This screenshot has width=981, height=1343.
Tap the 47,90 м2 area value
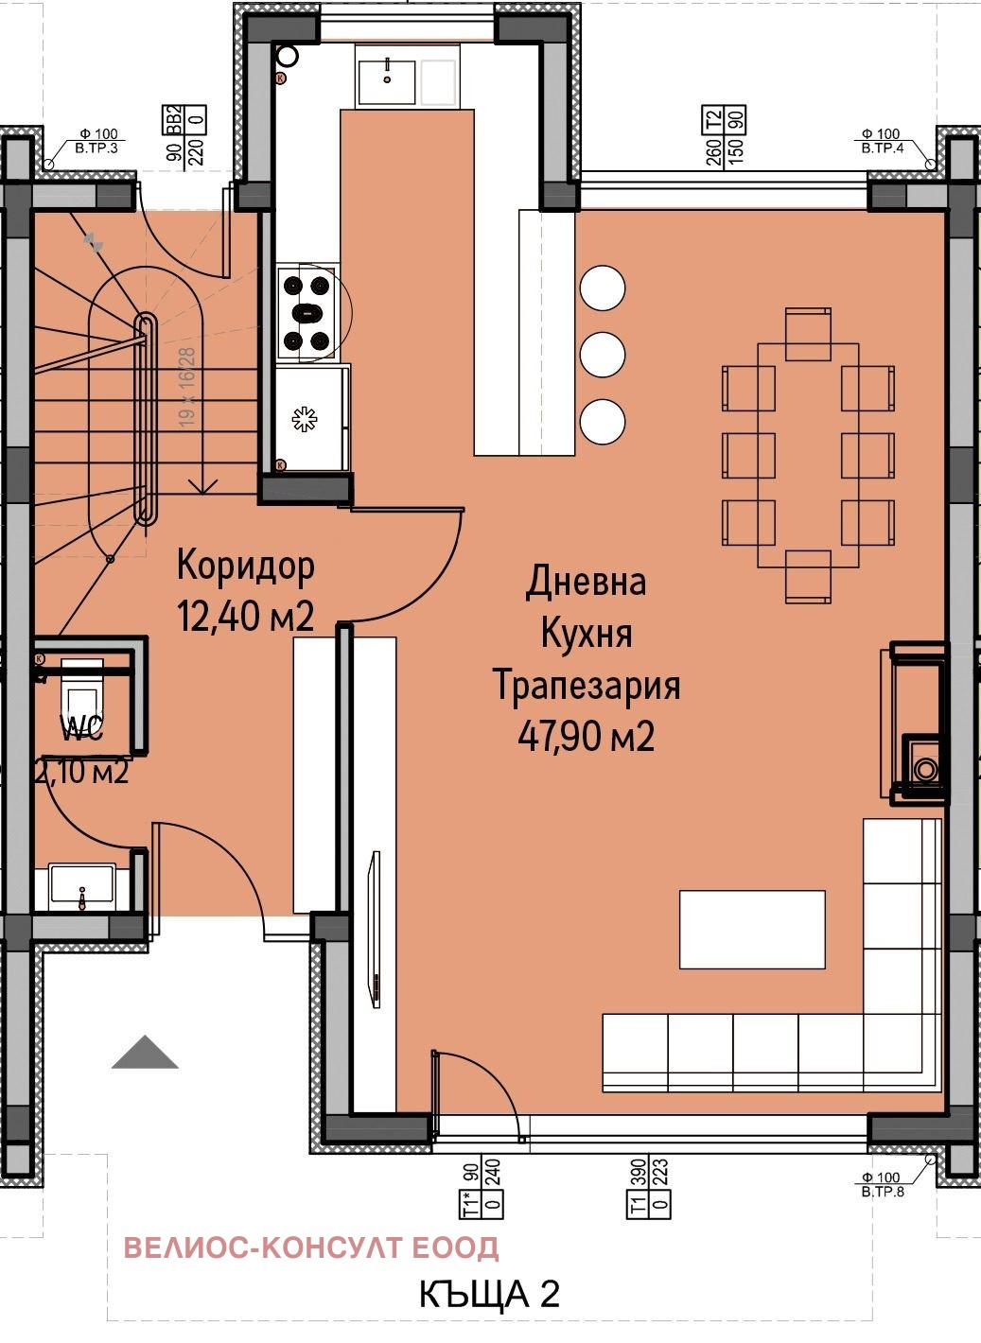[x=586, y=736]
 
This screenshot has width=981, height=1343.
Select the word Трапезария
[x=587, y=685]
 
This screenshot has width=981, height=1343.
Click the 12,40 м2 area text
[x=245, y=617]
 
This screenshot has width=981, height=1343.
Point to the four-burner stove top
[x=306, y=312]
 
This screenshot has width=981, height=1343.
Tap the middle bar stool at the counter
[x=603, y=355]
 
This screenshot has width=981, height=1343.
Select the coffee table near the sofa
[x=752, y=930]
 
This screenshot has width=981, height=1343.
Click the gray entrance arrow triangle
[x=145, y=1053]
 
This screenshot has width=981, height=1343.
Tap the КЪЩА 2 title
[x=489, y=1294]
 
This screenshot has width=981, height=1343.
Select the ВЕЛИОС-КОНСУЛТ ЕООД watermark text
[x=311, y=1247]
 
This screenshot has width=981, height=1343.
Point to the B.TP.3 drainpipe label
[x=98, y=142]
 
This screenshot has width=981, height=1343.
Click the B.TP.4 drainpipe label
[x=881, y=142]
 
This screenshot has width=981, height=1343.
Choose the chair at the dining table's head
[x=808, y=334]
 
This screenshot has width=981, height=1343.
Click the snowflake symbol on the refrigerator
[x=303, y=420]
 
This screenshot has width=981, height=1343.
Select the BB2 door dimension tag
[x=185, y=137]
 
